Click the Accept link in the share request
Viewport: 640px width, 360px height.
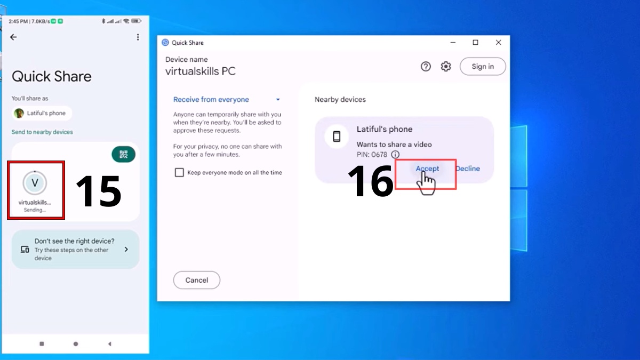point(427,169)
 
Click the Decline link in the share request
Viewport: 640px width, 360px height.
point(468,169)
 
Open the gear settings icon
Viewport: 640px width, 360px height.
point(446,66)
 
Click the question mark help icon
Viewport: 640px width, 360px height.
point(426,66)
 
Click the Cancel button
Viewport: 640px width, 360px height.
point(197,280)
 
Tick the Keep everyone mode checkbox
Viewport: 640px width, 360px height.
point(179,173)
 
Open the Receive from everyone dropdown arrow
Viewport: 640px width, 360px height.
point(278,99)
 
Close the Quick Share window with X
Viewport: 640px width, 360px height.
point(498,42)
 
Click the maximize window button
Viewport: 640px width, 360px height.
point(475,42)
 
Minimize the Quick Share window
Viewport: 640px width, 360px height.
point(453,43)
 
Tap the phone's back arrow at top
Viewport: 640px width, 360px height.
point(13,37)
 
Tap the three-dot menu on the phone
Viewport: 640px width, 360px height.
point(138,37)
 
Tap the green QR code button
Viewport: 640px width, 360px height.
point(123,154)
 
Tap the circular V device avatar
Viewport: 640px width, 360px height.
point(35,183)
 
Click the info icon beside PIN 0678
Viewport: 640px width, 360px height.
point(395,155)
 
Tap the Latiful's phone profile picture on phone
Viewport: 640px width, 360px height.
point(19,113)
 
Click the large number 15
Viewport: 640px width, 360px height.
point(99,191)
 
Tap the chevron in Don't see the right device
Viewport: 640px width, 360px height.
point(126,250)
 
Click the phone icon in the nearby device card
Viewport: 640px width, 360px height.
point(337,137)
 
